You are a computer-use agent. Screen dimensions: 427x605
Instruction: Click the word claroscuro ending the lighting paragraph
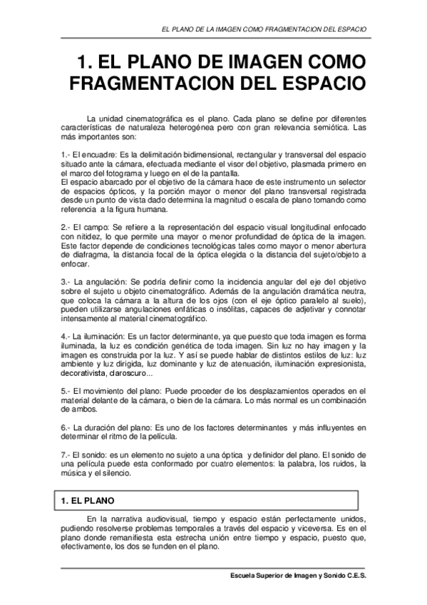click(x=128, y=373)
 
